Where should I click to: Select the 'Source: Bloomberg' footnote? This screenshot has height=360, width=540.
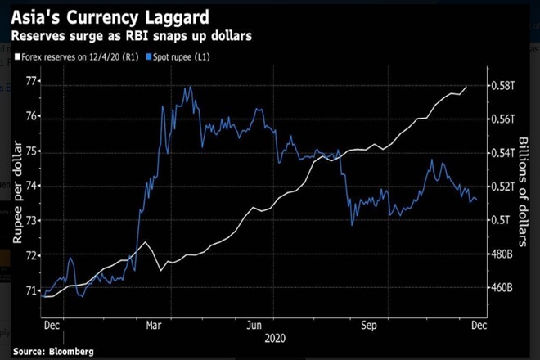[54, 351]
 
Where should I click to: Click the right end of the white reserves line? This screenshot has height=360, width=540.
[467, 86]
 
